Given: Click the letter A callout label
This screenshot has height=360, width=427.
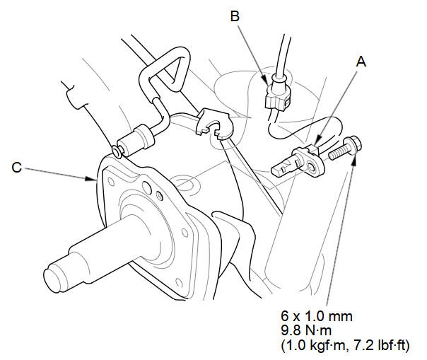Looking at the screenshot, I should coord(361,62).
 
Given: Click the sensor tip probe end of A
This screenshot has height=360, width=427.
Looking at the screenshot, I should coord(279,170).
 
